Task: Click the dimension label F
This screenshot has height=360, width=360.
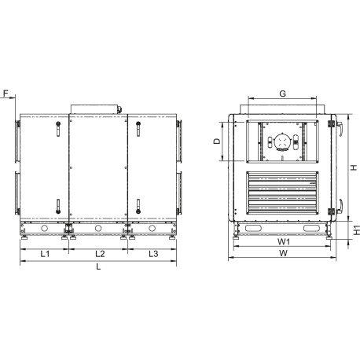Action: click(x=6, y=93)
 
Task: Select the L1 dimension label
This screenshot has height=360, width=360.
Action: click(x=45, y=254)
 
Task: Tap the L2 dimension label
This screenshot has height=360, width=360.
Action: click(x=100, y=254)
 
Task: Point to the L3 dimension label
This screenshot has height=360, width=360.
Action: click(x=153, y=254)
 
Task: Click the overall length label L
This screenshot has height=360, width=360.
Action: click(x=98, y=266)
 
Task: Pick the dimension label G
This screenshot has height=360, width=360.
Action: click(x=282, y=94)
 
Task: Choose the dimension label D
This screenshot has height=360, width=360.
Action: click(x=217, y=141)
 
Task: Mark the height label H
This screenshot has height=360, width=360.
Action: click(x=354, y=167)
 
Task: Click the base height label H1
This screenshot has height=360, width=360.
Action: click(x=357, y=230)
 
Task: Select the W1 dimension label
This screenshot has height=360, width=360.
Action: click(x=284, y=241)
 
